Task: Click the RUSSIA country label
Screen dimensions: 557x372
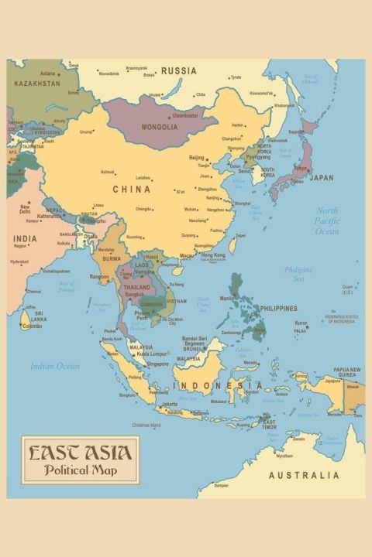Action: pyautogui.click(x=179, y=71)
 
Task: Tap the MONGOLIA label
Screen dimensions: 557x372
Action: pyautogui.click(x=160, y=127)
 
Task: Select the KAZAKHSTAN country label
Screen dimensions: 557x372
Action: pyautogui.click(x=37, y=83)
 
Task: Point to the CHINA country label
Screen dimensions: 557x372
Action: pyautogui.click(x=132, y=189)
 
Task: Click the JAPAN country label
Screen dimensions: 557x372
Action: pyautogui.click(x=322, y=177)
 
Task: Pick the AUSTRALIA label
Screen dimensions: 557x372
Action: pyautogui.click(x=304, y=475)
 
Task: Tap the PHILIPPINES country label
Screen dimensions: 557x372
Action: pyautogui.click(x=278, y=308)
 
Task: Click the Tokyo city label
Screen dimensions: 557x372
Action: pyautogui.click(x=301, y=168)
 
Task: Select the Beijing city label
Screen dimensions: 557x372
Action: pyautogui.click(x=197, y=157)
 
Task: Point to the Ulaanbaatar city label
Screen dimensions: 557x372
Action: pyautogui.click(x=185, y=115)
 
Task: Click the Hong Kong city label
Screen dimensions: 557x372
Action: pyautogui.click(x=213, y=255)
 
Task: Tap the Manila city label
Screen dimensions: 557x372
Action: pyautogui.click(x=226, y=298)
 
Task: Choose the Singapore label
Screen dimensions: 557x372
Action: pyautogui.click(x=157, y=364)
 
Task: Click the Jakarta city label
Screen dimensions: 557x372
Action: pyautogui.click(x=170, y=404)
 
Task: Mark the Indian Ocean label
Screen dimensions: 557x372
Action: pyautogui.click(x=55, y=366)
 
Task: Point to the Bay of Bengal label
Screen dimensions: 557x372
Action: pyautogui.click(x=67, y=286)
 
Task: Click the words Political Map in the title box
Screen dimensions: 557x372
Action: pyautogui.click(x=81, y=470)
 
